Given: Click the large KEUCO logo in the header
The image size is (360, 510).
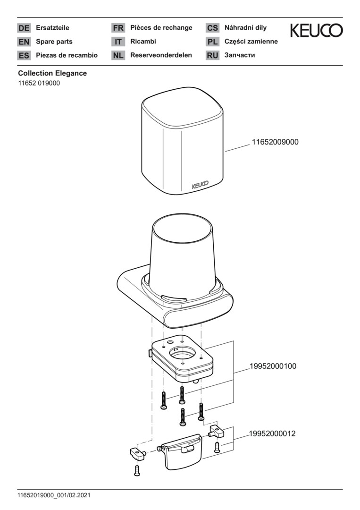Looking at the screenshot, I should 316,31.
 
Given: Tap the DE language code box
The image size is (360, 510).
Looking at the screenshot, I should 24,28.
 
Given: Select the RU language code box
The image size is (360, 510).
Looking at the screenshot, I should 212,55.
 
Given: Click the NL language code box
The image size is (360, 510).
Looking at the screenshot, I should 118,55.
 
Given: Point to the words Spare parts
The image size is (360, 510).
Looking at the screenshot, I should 54,42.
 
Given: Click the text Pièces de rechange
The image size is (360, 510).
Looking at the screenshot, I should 161,28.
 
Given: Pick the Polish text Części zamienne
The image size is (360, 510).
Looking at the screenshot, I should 251,42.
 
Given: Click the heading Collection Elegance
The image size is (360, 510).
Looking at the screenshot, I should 52,74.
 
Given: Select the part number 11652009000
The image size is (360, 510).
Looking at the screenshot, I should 275,142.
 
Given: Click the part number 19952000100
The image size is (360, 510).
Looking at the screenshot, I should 273,366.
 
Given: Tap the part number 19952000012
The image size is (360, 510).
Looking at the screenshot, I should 272,433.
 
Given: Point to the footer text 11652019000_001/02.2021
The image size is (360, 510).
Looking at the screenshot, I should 54,495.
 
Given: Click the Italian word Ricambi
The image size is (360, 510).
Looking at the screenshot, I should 143,42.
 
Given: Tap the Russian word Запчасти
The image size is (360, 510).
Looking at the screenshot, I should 240,55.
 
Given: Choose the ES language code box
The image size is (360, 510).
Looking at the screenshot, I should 24,55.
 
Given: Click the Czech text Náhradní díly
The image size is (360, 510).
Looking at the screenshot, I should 245,28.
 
